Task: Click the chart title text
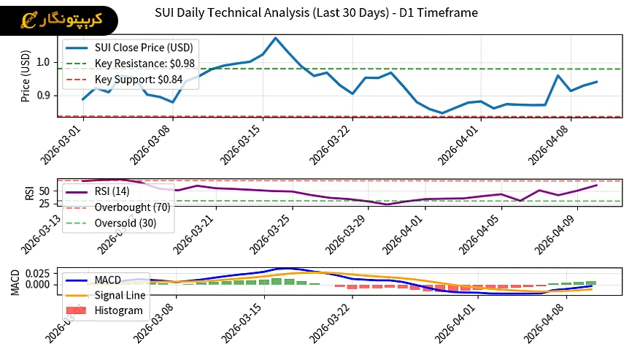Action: pyautogui.click(x=317, y=12)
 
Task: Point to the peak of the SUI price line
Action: pyautogui.click(x=275, y=38)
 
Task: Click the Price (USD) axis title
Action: pyautogui.click(x=26, y=76)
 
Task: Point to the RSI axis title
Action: pyautogui.click(x=29, y=193)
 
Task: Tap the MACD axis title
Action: pyautogui.click(x=15, y=281)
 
